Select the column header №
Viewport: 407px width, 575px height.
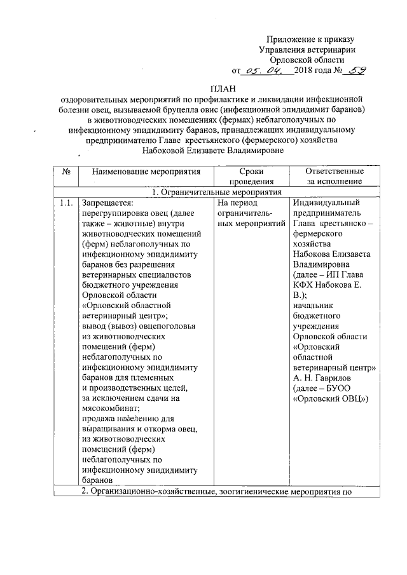[x=66, y=172]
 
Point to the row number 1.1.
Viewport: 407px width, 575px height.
[x=65, y=203]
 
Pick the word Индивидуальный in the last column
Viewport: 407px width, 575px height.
[x=327, y=203]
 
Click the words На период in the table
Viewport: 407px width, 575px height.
[x=235, y=203]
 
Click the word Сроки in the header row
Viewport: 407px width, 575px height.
[x=247, y=172]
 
